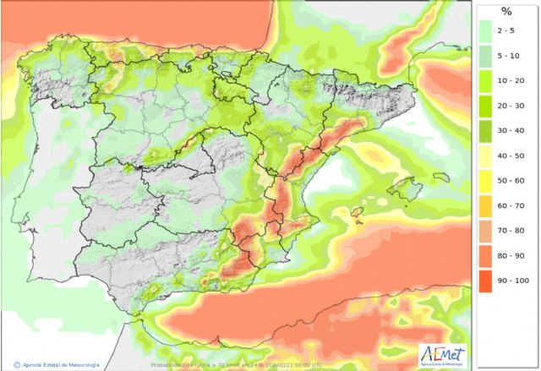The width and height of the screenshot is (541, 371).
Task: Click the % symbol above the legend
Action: (x=506, y=12)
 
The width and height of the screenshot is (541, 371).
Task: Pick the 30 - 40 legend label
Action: (x=513, y=133)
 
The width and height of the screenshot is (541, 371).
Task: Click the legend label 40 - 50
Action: (x=513, y=158)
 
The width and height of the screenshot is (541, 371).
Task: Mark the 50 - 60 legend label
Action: (x=513, y=182)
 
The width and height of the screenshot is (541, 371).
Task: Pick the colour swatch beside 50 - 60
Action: (x=487, y=182)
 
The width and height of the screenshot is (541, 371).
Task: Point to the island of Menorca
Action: (x=440, y=177)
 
